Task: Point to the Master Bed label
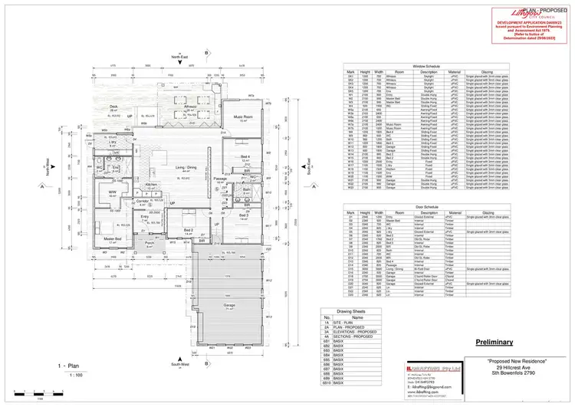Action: [113, 238]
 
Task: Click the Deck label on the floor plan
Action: [113, 107]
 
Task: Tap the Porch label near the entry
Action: [150, 243]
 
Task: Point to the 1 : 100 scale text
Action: [76, 375]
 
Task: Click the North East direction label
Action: [179, 57]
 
